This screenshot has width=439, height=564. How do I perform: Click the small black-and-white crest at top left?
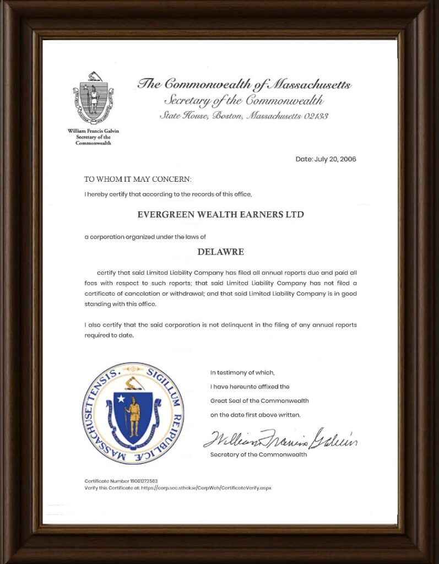[93, 97]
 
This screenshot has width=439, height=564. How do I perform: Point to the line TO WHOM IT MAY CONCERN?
[138, 180]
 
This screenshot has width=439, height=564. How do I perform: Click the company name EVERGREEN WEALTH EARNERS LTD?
[220, 214]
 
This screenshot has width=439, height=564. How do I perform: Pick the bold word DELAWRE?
[220, 252]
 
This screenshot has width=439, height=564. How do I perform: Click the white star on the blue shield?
[121, 398]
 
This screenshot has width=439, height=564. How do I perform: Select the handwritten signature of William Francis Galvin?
[280, 439]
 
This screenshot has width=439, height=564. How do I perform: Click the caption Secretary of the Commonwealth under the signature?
[258, 454]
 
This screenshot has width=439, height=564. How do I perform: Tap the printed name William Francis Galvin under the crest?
[93, 131]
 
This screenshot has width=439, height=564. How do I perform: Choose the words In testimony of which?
[242, 373]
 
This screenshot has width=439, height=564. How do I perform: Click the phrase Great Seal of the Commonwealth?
[259, 400]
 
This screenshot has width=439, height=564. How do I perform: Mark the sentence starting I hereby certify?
[168, 194]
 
